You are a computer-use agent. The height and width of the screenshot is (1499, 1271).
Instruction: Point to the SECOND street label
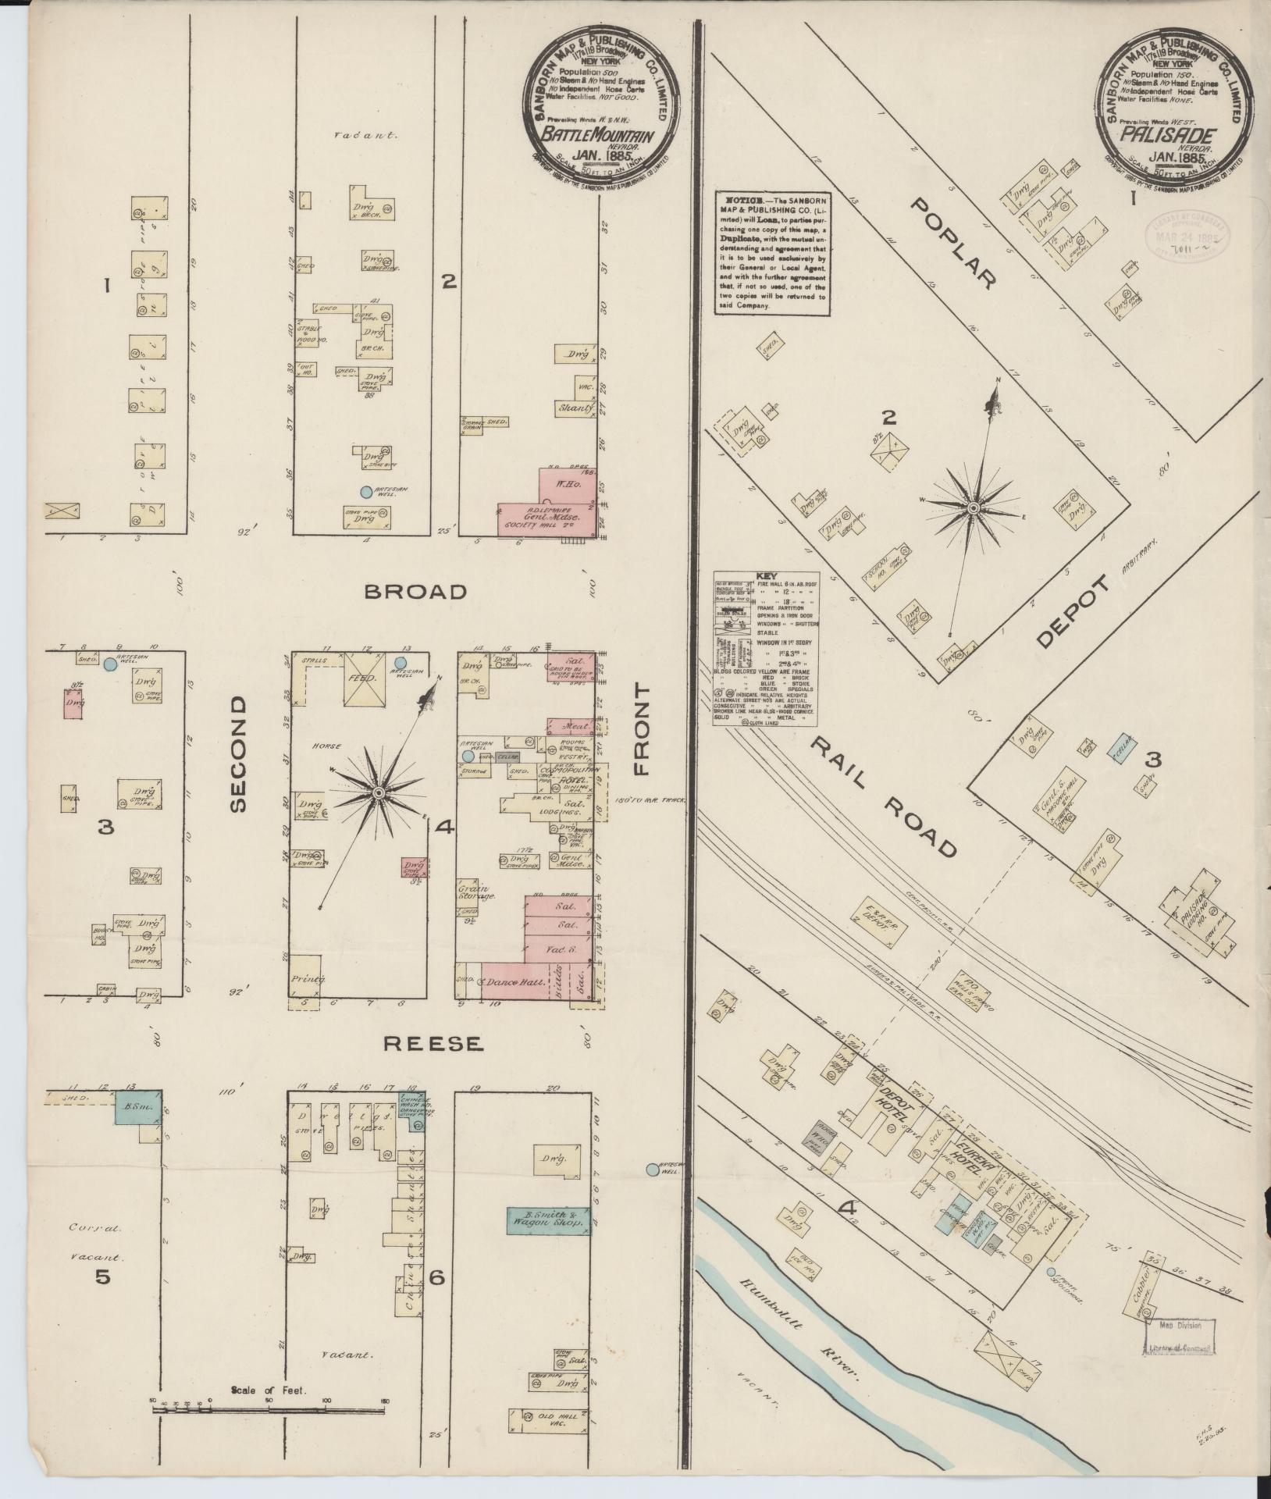click(239, 755)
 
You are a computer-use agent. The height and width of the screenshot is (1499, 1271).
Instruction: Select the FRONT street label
click(642, 730)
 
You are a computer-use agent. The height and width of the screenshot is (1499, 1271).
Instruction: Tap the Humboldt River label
click(804, 1332)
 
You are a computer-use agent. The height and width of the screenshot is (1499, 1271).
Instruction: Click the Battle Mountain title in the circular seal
click(598, 134)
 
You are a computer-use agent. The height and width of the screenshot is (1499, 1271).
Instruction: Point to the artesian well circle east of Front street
click(652, 1169)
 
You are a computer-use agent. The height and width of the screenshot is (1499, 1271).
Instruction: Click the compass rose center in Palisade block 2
click(974, 507)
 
